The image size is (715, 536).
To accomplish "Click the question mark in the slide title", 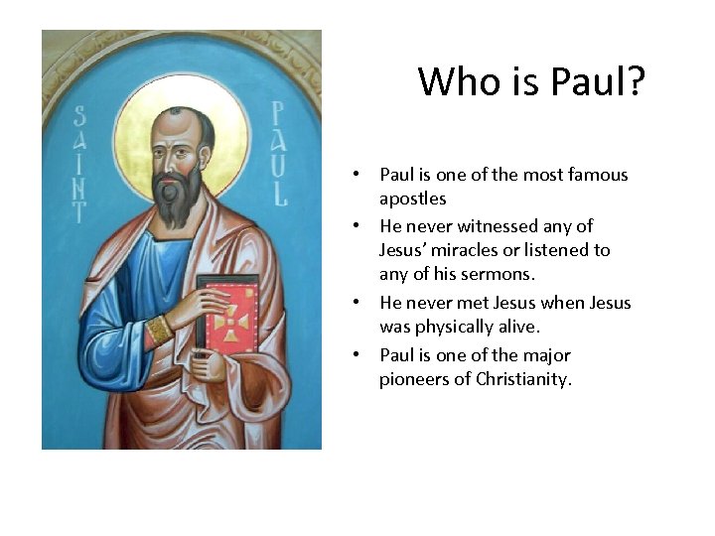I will point(635,81).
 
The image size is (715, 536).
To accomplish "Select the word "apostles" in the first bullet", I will point(412,199).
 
